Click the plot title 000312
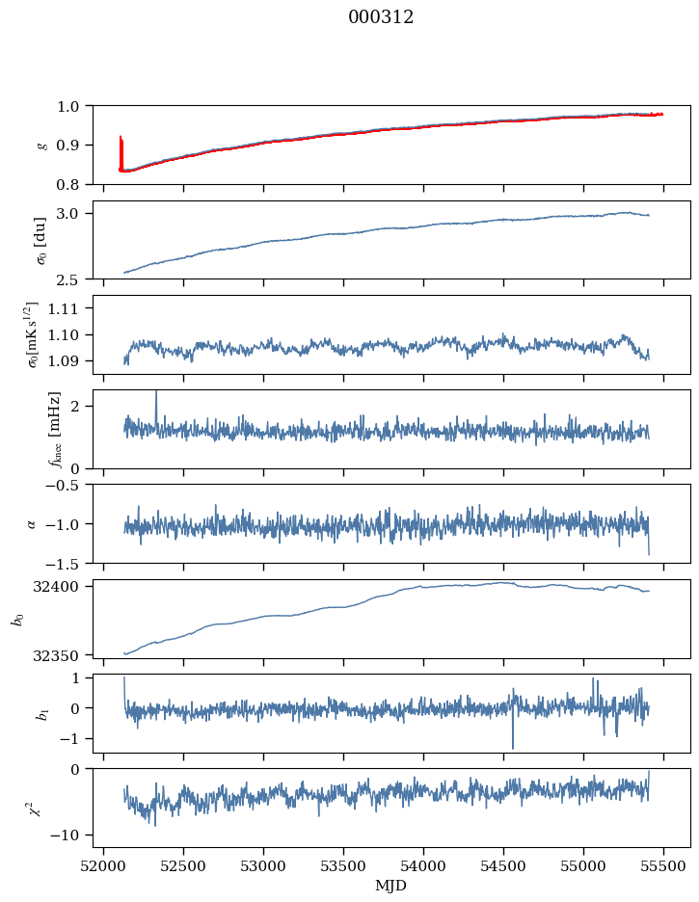point(381,17)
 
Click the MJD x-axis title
point(390,886)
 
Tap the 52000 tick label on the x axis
point(103,867)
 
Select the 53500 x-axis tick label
point(343,867)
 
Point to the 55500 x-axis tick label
point(663,867)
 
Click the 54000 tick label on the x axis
point(423,867)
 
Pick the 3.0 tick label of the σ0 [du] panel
point(73,213)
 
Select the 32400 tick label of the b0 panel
point(65,587)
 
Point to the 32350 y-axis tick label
point(65,655)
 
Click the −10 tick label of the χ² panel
point(67,836)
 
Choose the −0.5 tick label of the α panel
point(69,485)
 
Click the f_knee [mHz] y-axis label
point(55,429)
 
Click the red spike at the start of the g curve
point(121,153)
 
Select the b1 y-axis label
point(42,714)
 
